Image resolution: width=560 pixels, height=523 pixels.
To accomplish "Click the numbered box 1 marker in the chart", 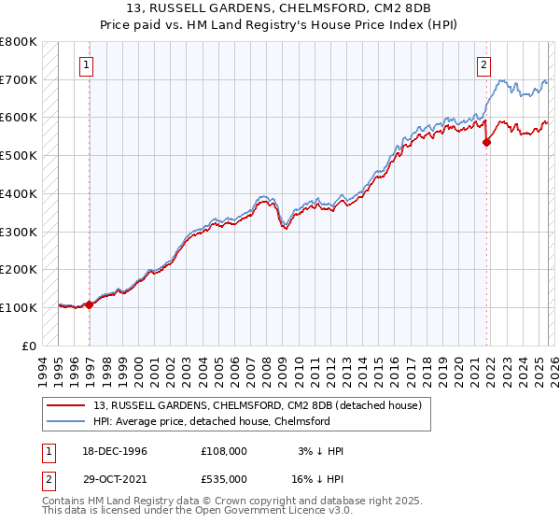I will click(x=86, y=65).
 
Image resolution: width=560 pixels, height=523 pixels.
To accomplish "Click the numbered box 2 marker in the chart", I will click(x=484, y=65).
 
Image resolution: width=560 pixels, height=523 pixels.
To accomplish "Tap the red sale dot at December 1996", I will click(x=90, y=304).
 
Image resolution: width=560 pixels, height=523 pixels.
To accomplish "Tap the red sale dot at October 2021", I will click(x=486, y=142).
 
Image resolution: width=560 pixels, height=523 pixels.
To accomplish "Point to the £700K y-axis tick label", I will click(x=19, y=80).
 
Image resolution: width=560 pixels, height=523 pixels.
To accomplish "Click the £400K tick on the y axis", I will click(x=19, y=194).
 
